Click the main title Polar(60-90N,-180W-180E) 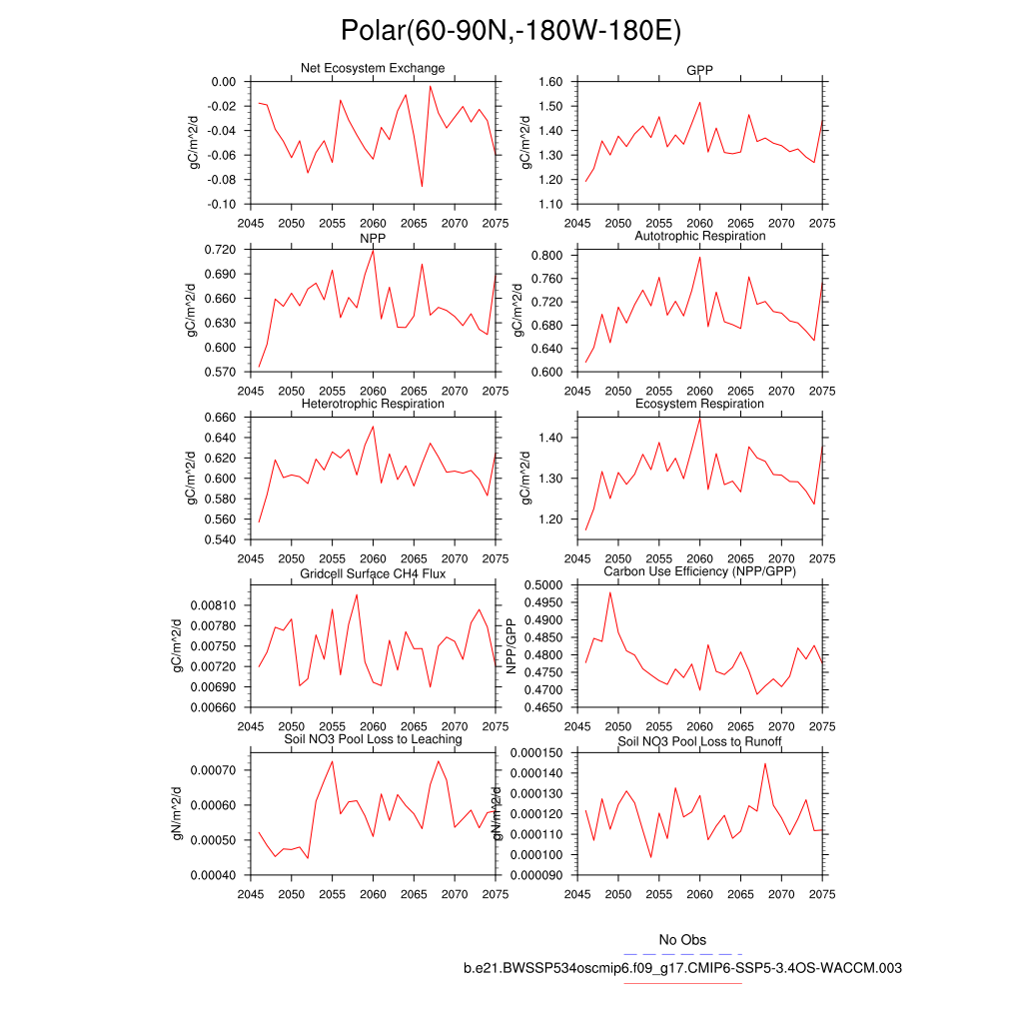click(x=511, y=31)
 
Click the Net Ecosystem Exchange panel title click(x=373, y=68)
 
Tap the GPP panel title click(x=699, y=69)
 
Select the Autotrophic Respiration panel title click(x=699, y=236)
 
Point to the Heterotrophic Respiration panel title click(x=373, y=404)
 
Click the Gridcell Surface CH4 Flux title click(x=373, y=574)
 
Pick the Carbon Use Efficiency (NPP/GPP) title click(x=699, y=571)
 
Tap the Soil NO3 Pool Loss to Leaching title click(x=373, y=739)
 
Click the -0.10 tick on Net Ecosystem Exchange click(x=222, y=204)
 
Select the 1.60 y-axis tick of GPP click(x=550, y=82)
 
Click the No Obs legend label click(x=682, y=940)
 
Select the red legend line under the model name click(x=682, y=983)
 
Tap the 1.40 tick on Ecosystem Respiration click(x=550, y=438)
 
